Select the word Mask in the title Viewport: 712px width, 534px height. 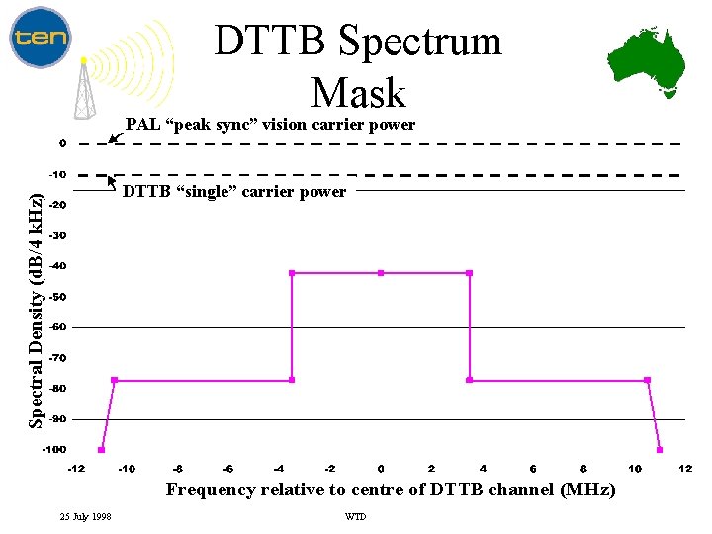[358, 93]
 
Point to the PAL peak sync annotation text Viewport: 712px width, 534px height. [270, 125]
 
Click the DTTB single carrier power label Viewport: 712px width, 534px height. [234, 191]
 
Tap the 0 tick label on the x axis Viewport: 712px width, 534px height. [381, 468]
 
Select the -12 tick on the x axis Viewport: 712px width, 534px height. [76, 468]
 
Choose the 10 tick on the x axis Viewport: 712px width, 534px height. [635, 468]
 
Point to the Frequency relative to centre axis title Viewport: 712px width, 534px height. [391, 489]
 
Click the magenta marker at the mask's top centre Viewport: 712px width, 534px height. [381, 273]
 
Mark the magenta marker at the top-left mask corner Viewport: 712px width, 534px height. [292, 273]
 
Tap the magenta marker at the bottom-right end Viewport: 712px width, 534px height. [660, 450]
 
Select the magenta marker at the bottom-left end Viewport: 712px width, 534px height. [102, 450]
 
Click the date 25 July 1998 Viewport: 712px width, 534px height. [86, 517]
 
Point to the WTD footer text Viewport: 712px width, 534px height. [354, 517]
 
